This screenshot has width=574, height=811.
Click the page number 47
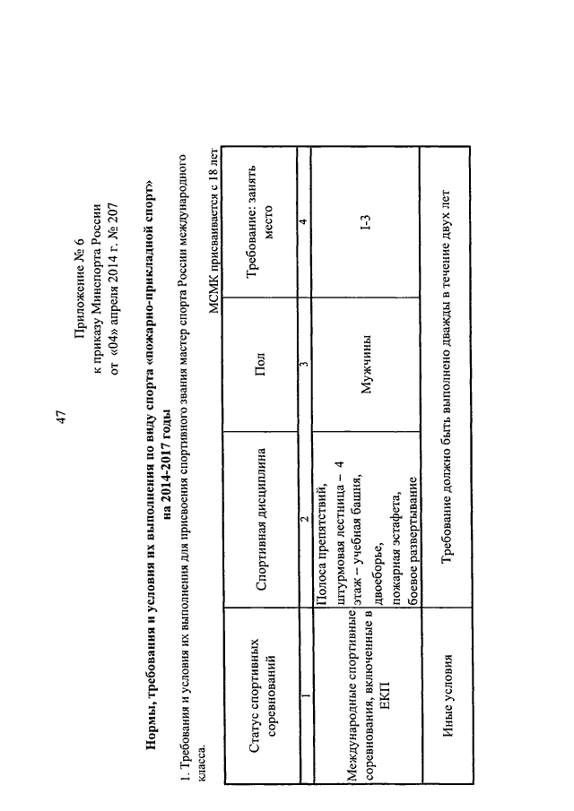61,418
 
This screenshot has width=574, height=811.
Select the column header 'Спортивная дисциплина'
261,519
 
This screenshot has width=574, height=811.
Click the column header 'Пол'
260,364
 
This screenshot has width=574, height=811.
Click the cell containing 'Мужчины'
367,364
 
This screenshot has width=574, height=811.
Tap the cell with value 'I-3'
367,222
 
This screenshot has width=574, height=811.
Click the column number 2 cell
306,518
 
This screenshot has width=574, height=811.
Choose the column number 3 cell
306,364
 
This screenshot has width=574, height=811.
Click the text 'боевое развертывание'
413,539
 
